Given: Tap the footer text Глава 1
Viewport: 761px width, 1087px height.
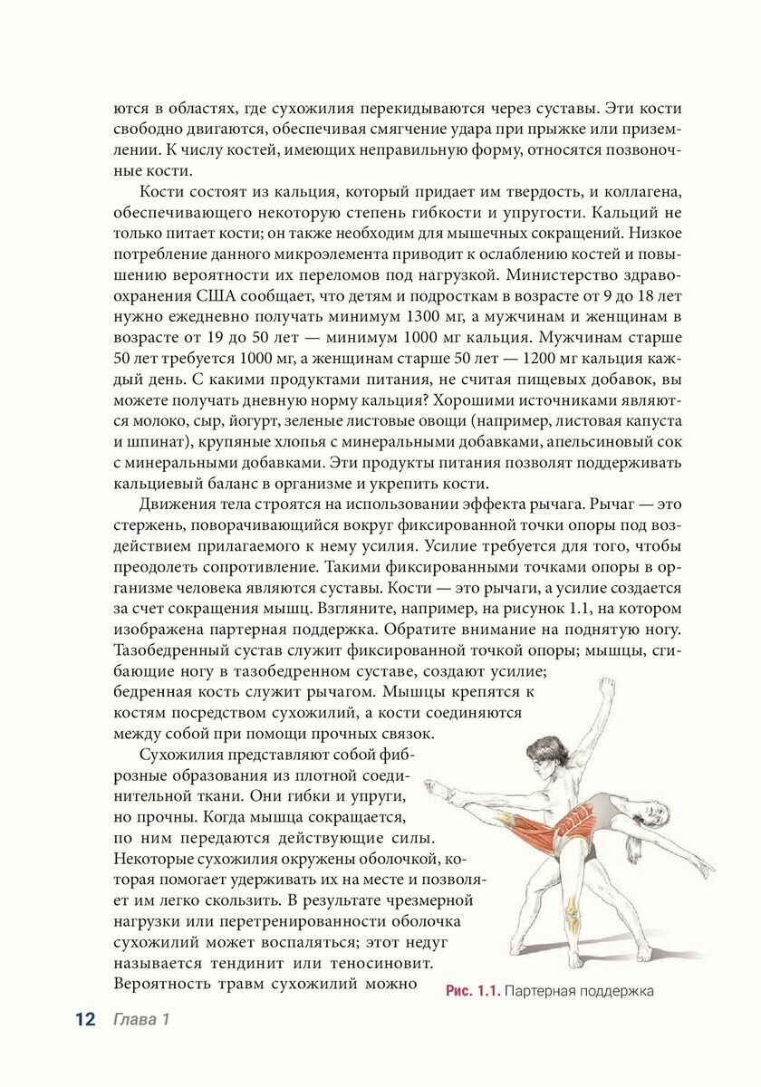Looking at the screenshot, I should click(141, 1021).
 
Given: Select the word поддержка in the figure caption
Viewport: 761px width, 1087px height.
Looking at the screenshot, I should click(614, 991).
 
